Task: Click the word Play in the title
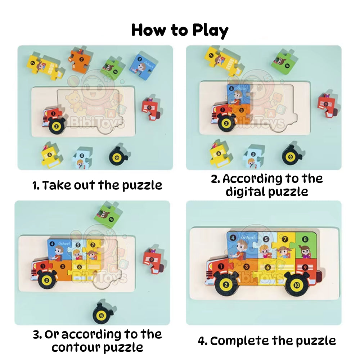pos(210,31)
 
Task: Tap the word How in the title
pos(149,30)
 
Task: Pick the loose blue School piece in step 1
pos(144,64)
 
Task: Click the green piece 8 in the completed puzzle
pos(306,246)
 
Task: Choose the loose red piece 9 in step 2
pos(327,105)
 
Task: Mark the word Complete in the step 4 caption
pos(239,341)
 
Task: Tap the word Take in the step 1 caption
pos(57,185)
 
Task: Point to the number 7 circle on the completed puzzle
pos(285,239)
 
